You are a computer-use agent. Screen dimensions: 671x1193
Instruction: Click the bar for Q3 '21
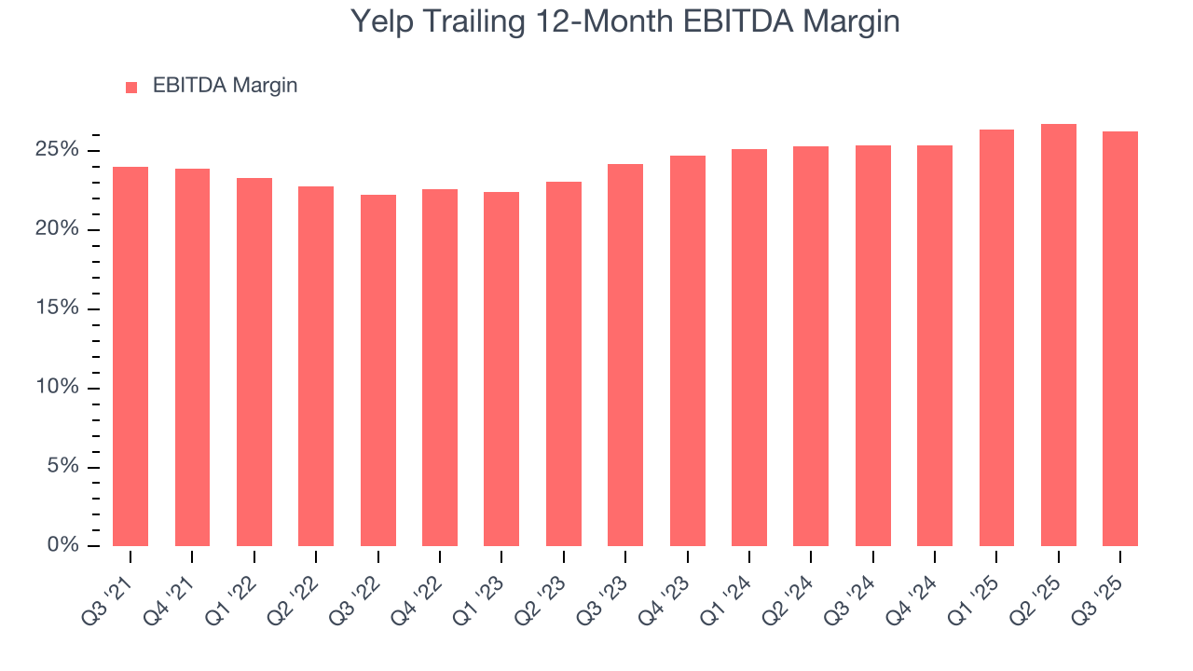[x=130, y=356]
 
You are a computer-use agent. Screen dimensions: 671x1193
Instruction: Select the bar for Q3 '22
[x=378, y=370]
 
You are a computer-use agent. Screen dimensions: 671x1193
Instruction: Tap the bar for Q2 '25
[x=1059, y=335]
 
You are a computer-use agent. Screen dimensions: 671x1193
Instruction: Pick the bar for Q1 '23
[x=501, y=369]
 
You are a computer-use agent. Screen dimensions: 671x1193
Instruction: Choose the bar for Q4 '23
[x=688, y=350]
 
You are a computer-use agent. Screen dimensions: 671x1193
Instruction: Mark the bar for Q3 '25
[x=1120, y=338]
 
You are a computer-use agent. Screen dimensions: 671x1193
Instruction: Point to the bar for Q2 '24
[x=811, y=346]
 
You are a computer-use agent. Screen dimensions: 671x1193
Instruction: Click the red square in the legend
[x=131, y=87]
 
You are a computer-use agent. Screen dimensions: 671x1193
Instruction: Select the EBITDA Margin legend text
[x=225, y=86]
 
